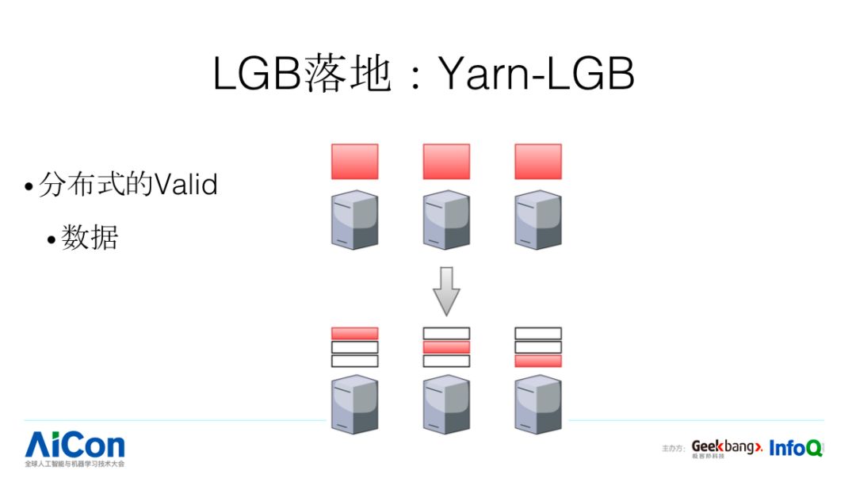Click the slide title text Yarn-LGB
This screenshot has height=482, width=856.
(x=537, y=75)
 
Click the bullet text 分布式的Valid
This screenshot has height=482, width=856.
(x=127, y=186)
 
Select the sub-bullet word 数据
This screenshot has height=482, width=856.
(x=90, y=237)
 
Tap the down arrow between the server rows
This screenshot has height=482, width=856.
(x=446, y=290)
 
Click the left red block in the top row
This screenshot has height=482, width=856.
(x=354, y=162)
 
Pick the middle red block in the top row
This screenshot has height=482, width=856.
(x=446, y=162)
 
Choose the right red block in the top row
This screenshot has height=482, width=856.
(x=538, y=162)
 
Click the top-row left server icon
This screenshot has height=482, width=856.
(x=354, y=220)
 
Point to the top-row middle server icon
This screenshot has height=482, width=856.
(x=446, y=220)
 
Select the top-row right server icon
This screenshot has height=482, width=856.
(x=538, y=220)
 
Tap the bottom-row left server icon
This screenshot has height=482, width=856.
(x=354, y=404)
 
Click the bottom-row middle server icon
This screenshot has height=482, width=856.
(x=446, y=404)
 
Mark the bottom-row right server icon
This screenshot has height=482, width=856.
(x=538, y=404)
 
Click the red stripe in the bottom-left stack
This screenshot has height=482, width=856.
(x=354, y=333)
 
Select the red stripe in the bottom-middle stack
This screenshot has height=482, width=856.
(x=446, y=347)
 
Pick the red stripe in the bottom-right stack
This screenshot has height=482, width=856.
(x=538, y=361)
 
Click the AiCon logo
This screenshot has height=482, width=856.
(x=75, y=446)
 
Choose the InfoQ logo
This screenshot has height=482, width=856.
(x=795, y=448)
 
